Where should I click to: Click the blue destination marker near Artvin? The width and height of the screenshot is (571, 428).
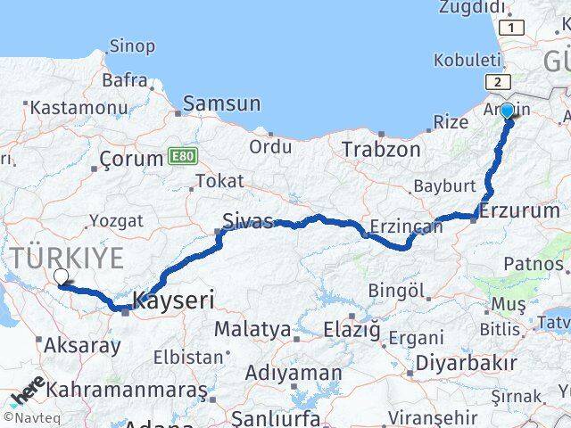click(x=507, y=111)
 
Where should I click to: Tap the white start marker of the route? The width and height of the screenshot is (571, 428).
click(x=60, y=277)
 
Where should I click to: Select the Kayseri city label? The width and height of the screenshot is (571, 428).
click(x=173, y=300)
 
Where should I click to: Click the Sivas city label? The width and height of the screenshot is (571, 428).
click(x=246, y=221)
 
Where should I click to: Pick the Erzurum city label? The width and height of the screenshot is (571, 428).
click(x=519, y=211)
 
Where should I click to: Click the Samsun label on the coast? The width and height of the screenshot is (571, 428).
click(x=222, y=103)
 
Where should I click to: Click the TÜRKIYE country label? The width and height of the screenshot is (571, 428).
click(x=68, y=259)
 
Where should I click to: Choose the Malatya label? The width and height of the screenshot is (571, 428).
click(x=252, y=329)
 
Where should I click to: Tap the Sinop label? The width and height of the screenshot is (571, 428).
click(x=131, y=45)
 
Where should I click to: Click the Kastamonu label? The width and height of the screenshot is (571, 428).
click(x=79, y=108)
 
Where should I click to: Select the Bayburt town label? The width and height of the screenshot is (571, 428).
click(x=443, y=187)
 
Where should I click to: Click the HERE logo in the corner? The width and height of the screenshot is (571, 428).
click(x=27, y=393)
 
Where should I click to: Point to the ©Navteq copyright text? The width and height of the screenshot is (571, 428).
click(x=29, y=417)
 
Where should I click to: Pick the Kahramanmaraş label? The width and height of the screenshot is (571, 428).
click(x=127, y=391)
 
